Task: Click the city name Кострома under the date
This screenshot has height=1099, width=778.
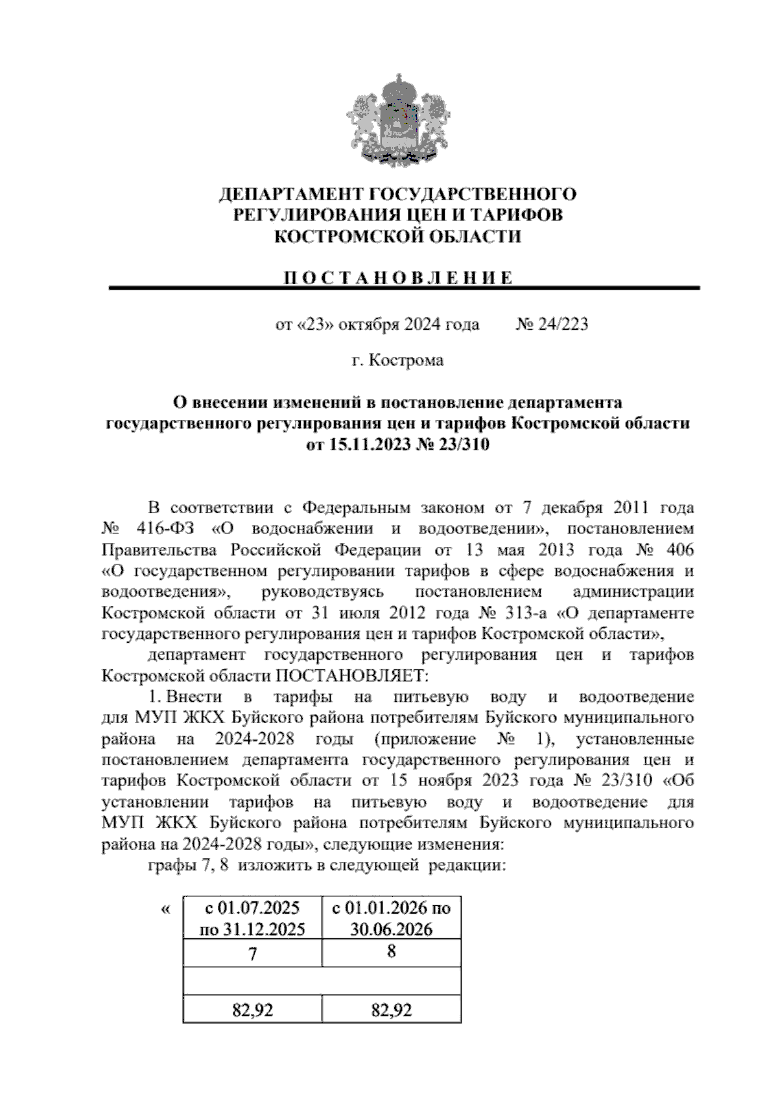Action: [407, 360]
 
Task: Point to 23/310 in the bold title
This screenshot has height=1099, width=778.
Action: [464, 445]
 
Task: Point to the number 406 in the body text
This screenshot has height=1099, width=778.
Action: [678, 549]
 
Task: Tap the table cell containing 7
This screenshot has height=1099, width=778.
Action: [253, 954]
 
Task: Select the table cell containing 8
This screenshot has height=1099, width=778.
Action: [392, 952]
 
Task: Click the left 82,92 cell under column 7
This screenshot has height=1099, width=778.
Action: [253, 1010]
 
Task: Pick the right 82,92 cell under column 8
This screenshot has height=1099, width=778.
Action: [392, 1010]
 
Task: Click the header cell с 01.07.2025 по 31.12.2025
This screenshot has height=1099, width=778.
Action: [253, 918]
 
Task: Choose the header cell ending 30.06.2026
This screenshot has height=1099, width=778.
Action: [392, 918]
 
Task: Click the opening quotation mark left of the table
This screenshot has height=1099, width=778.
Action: [165, 910]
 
